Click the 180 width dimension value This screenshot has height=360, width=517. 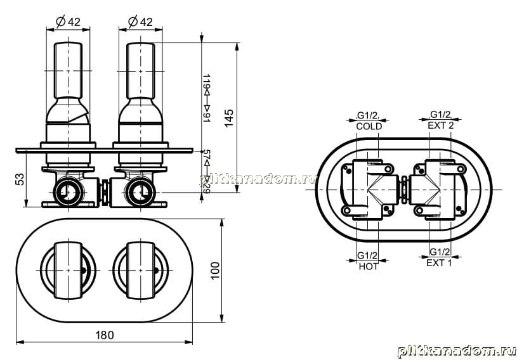pyautogui.click(x=105, y=335)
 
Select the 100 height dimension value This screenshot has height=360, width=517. pyautogui.click(x=215, y=271)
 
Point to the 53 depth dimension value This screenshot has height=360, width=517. pyautogui.click(x=20, y=179)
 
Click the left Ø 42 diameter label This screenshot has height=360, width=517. pyautogui.click(x=69, y=22)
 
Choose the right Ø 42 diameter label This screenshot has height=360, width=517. pyautogui.click(x=140, y=22)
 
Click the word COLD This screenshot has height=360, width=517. pyautogui.click(x=369, y=126)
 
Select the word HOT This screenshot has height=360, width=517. pyautogui.click(x=369, y=266)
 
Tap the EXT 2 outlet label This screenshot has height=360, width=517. pyautogui.click(x=440, y=125)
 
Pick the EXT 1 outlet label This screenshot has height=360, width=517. pyautogui.click(x=439, y=263)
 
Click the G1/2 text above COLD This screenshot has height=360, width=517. pyautogui.click(x=368, y=115)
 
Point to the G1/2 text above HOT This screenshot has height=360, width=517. pyautogui.click(x=367, y=255)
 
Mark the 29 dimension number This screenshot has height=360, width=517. pyautogui.click(x=206, y=189)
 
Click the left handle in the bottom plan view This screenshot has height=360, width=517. pyautogui.click(x=68, y=271)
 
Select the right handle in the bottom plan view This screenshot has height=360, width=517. pyautogui.click(x=140, y=271)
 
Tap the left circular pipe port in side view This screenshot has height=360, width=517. pyautogui.click(x=69, y=192)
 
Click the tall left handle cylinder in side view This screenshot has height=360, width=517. pyautogui.click(x=68, y=70)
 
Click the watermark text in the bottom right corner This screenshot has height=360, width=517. pyautogui.click(x=457, y=351)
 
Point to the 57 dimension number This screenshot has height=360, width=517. pyautogui.click(x=206, y=155)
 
